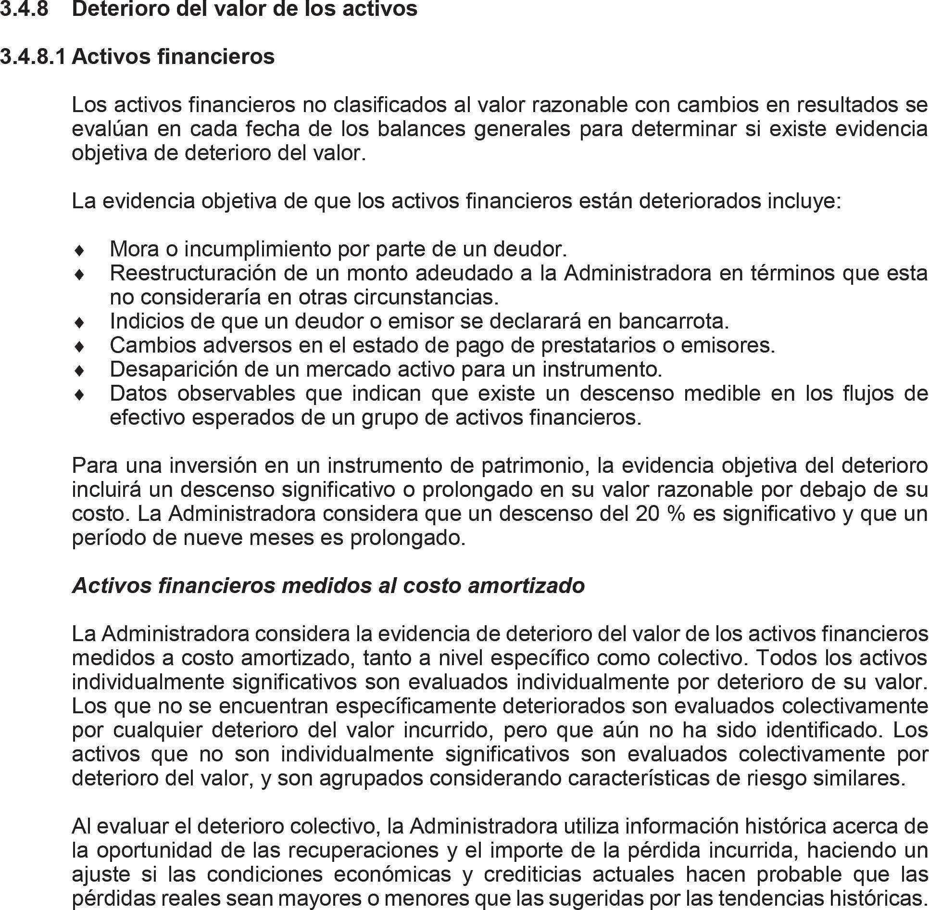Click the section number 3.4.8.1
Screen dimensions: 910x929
32,57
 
